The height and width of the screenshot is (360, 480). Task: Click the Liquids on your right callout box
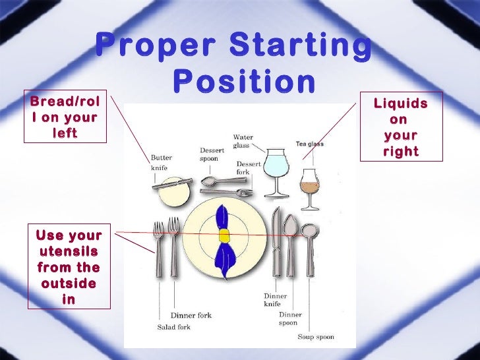(x=400, y=127)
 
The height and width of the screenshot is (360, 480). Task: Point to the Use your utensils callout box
(x=69, y=267)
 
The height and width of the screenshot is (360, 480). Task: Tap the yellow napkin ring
(x=225, y=235)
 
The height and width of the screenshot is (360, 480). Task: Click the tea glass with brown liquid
(x=308, y=185)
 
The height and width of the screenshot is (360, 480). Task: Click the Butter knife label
(x=162, y=163)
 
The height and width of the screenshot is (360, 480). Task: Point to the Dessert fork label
(x=249, y=168)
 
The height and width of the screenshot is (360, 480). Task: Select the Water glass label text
(x=243, y=142)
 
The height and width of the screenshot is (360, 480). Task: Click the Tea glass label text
(x=309, y=144)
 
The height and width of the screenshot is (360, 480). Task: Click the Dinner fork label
(x=191, y=315)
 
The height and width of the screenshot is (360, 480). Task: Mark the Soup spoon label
(x=315, y=337)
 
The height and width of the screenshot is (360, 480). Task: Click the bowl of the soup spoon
(x=308, y=231)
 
